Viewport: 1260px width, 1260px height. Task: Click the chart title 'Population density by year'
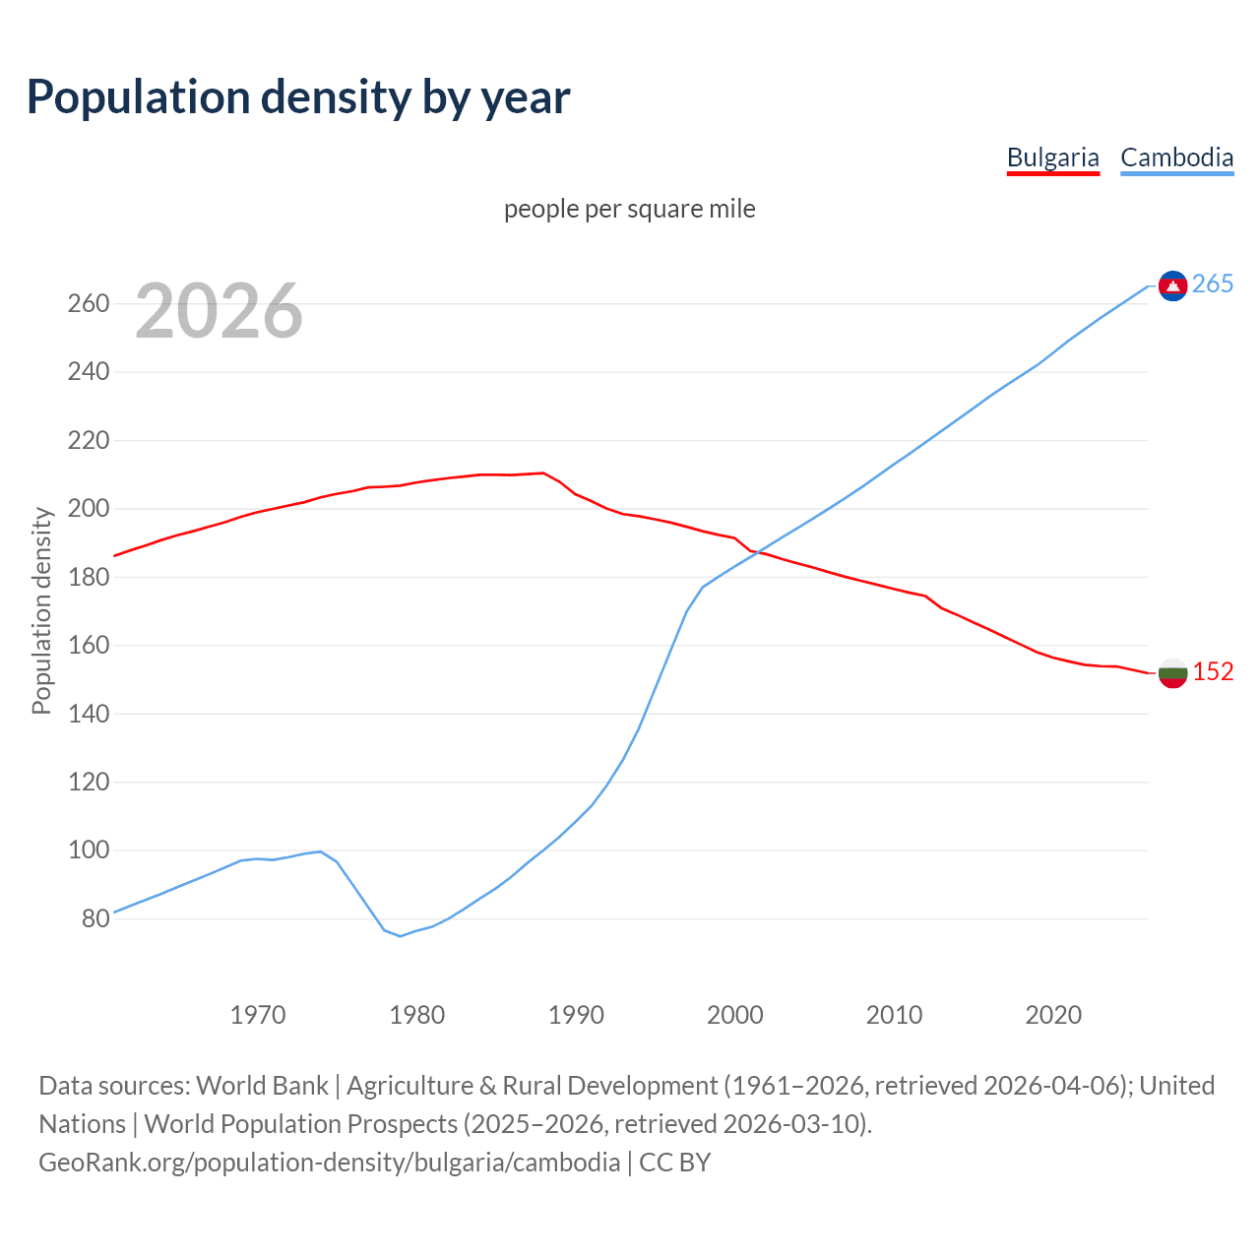pos(298,97)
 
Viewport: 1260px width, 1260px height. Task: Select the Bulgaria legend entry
pos(1052,157)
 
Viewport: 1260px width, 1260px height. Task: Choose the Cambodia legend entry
pos(1176,157)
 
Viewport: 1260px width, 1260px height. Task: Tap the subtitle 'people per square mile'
pos(630,209)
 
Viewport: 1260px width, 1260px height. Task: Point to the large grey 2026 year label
pos(219,311)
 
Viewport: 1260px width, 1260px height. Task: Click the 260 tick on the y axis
pos(88,303)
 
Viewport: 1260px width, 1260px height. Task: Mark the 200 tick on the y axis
pos(88,509)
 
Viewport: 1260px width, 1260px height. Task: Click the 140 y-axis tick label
pos(88,714)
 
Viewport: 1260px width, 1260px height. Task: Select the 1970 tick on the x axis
pos(258,1014)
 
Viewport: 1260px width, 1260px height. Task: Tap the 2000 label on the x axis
pos(735,1014)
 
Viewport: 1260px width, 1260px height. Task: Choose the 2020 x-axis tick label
pos(1053,1014)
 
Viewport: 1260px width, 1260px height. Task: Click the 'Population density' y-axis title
pos(41,610)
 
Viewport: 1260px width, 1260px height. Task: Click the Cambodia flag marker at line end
pos(1172,285)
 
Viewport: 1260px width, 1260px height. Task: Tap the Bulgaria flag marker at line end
pos(1172,673)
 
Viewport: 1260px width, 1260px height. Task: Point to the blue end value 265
pos(1213,284)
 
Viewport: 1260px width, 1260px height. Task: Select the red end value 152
pos(1213,672)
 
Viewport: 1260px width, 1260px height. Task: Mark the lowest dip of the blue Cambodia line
pos(400,936)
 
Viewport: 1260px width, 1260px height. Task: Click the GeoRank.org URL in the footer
pos(330,1163)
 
